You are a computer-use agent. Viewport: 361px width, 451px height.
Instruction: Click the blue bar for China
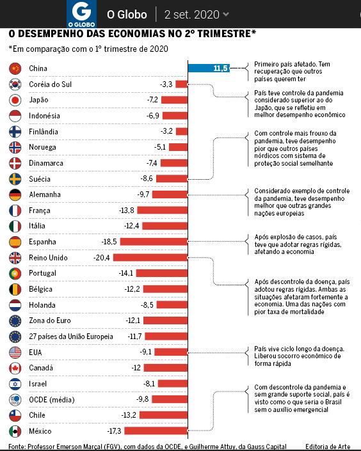coord(209,68)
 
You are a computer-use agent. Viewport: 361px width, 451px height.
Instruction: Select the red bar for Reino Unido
coord(150,257)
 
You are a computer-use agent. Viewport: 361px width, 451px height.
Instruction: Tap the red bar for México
coord(156,431)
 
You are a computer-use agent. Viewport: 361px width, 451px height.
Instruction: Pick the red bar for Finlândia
coord(182,131)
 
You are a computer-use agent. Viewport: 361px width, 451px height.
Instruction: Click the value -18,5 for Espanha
coord(109,242)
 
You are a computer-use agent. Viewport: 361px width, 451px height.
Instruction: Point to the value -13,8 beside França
coord(126,210)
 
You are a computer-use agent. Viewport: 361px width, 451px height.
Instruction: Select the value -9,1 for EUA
coord(145,352)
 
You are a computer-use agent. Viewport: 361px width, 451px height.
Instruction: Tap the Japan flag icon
coord(15,100)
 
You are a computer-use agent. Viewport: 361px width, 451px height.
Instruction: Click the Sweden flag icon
coord(15,179)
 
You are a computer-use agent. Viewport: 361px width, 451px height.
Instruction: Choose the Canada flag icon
coord(15,368)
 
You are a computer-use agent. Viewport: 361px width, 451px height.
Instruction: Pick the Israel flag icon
coord(15,384)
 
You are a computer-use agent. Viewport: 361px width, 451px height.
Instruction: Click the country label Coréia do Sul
coord(50,84)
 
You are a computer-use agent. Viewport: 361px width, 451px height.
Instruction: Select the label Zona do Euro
coord(50,320)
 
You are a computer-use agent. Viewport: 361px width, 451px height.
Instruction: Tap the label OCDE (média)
coord(52,400)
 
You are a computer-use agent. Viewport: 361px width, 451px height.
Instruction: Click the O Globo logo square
coord(81,14)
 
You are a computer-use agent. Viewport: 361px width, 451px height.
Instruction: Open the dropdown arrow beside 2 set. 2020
coord(226,14)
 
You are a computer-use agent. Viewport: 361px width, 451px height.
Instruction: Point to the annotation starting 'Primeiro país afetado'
coord(292,72)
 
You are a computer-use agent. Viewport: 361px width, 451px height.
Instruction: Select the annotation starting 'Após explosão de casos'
coord(298,244)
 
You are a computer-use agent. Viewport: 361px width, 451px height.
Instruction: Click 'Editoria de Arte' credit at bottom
coord(328,447)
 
